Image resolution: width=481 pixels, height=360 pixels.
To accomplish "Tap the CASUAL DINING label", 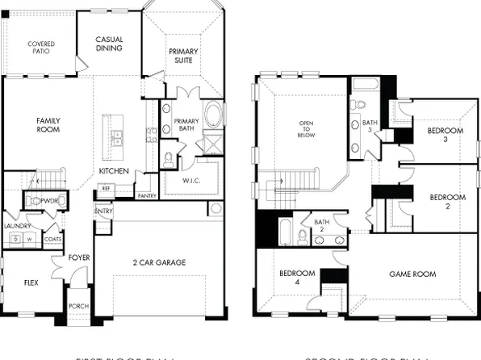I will [x=109, y=44].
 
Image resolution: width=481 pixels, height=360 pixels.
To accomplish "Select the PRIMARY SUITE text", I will [x=183, y=56].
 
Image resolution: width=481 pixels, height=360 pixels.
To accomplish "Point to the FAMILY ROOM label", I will [x=48, y=125].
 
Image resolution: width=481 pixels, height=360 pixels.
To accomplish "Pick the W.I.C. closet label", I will [x=191, y=180].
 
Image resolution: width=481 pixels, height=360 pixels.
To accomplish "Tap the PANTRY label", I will [x=147, y=195].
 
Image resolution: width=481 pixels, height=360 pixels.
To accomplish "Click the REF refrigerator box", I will [x=105, y=188].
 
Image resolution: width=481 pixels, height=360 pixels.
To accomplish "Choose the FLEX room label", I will [x=31, y=283].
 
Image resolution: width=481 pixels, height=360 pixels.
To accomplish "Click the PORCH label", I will [x=77, y=306].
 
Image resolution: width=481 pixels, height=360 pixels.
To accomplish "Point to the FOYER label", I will [x=79, y=257].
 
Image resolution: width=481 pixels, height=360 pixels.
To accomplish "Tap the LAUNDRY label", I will [x=16, y=227].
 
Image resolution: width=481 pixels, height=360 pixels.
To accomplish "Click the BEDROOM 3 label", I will [x=445, y=135].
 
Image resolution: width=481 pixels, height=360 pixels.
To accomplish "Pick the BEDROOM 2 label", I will [x=446, y=201].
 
